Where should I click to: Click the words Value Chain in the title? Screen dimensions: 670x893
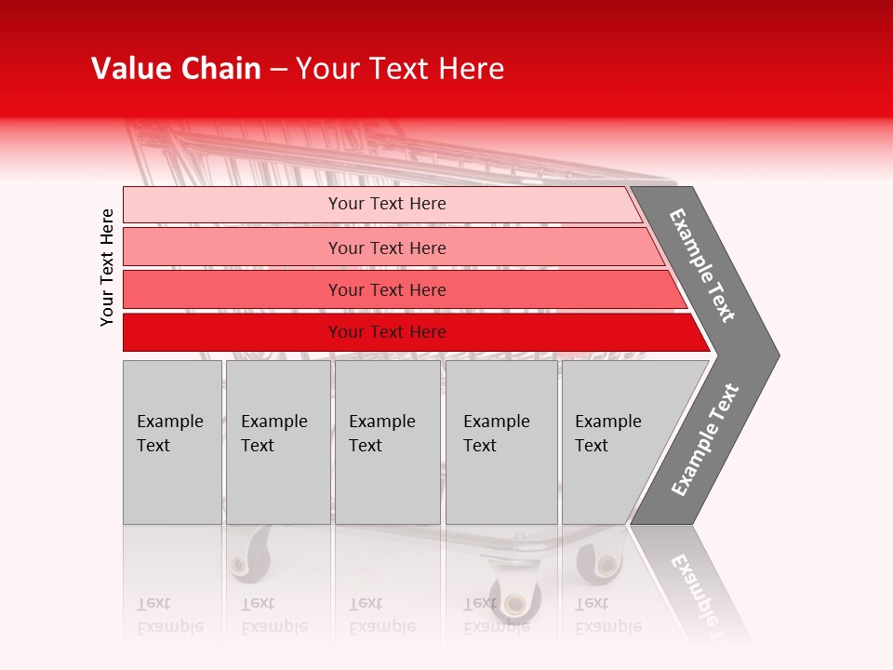pyautogui.click(x=176, y=69)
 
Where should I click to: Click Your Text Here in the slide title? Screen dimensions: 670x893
pyautogui.click(x=400, y=69)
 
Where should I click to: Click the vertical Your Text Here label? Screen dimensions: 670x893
pyautogui.click(x=107, y=267)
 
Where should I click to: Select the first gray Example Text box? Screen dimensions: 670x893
pyautogui.click(x=172, y=442)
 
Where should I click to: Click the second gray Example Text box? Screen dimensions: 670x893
pyautogui.click(x=278, y=442)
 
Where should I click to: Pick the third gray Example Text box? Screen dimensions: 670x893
pyautogui.click(x=387, y=442)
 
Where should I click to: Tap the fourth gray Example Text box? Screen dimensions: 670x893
pyautogui.click(x=501, y=442)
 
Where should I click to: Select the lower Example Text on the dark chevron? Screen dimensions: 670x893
pyautogui.click(x=705, y=440)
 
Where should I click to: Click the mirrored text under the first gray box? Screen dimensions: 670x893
pyautogui.click(x=169, y=615)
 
